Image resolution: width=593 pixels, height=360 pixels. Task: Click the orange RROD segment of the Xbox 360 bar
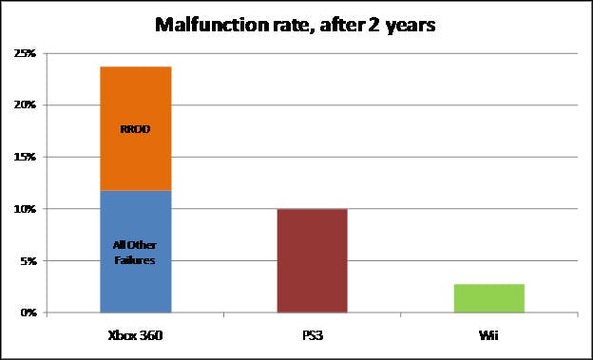[136, 128]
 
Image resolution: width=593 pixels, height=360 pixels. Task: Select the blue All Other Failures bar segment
[136, 252]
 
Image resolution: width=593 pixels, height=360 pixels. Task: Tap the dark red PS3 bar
[313, 260]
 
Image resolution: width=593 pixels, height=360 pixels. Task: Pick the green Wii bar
[489, 298]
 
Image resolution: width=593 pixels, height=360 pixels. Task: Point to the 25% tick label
[25, 54]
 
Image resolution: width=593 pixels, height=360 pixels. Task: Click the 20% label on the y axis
[25, 105]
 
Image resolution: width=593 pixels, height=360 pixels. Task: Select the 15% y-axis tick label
[25, 157]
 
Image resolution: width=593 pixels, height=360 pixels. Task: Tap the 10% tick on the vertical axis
[25, 209]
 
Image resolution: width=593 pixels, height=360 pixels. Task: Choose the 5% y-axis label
[28, 261]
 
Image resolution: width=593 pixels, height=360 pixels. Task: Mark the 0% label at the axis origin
[28, 313]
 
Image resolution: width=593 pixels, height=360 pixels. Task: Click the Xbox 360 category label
[135, 335]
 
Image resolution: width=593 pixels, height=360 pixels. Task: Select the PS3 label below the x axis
[313, 335]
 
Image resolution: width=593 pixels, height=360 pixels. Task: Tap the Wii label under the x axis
[488, 335]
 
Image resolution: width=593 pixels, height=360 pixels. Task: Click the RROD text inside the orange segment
[135, 129]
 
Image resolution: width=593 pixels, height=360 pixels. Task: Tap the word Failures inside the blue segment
[135, 260]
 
